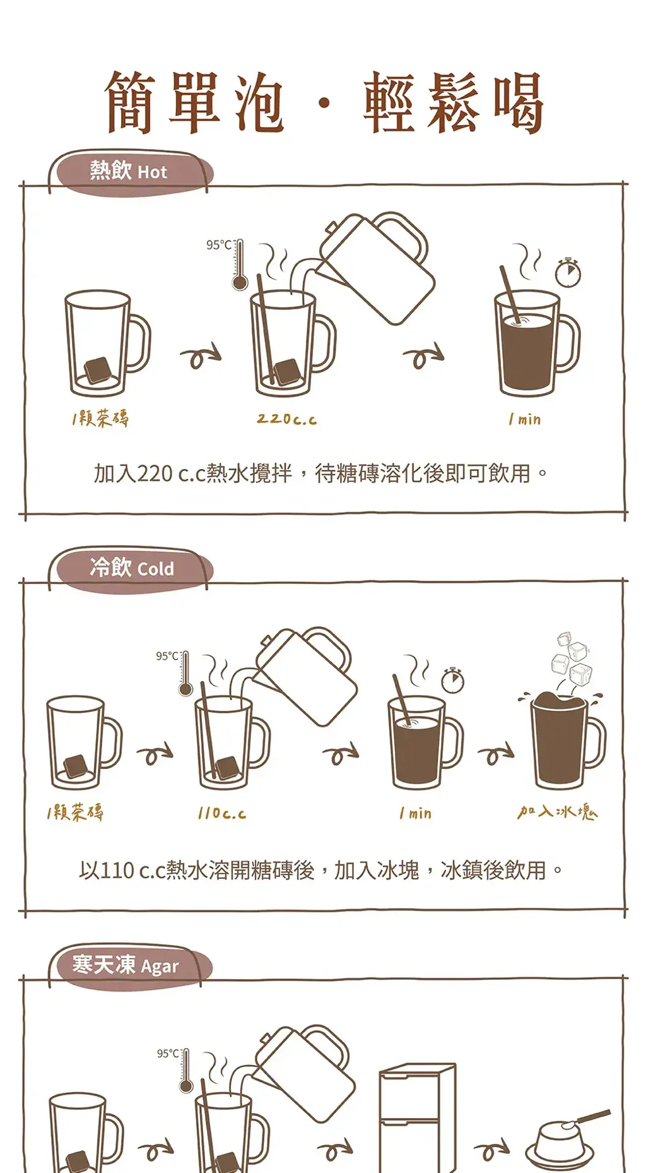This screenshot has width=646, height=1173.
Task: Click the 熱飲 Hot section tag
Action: [129, 172]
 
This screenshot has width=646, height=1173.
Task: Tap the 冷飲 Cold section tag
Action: [131, 568]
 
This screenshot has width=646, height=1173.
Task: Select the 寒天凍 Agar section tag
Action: [126, 965]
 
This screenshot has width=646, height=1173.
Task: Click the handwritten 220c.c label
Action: [286, 419]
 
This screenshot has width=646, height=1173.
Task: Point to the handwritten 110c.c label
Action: [221, 814]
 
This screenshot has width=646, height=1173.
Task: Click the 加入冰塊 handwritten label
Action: [556, 812]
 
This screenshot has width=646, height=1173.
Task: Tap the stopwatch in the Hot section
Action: [568, 273]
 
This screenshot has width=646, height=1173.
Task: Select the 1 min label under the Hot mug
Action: [525, 419]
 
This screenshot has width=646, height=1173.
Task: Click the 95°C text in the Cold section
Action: [167, 657]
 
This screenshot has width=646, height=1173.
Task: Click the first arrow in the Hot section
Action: [201, 357]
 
